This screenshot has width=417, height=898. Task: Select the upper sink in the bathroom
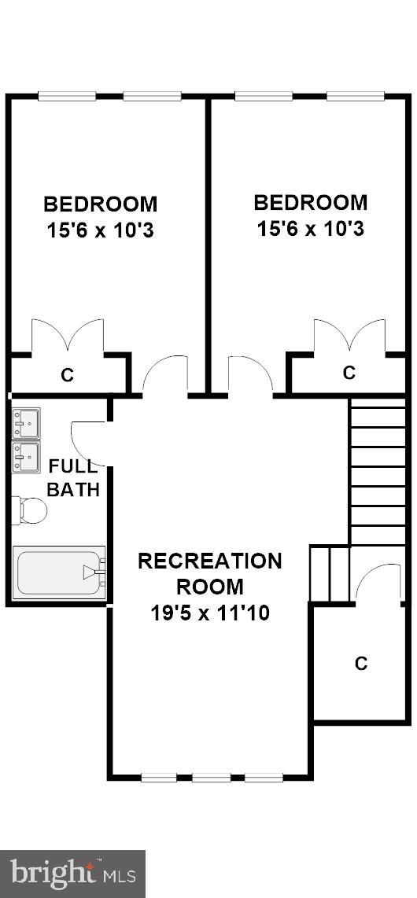[26, 423]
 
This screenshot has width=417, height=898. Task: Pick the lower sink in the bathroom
[26, 457]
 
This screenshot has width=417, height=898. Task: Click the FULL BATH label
[73, 477]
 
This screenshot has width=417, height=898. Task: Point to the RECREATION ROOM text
[209, 573]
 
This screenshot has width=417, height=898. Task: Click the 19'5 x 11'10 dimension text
[209, 613]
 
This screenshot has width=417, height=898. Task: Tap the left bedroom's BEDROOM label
[100, 204]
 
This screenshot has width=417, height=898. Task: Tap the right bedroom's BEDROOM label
[310, 203]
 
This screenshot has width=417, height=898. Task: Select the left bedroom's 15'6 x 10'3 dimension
[100, 232]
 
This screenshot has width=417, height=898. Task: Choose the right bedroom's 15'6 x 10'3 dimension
[310, 230]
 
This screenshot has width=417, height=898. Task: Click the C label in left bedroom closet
[67, 376]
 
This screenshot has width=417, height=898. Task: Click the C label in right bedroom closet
[349, 373]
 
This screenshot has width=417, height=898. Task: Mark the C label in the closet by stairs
[361, 664]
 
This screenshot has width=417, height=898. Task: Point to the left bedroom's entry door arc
[164, 372]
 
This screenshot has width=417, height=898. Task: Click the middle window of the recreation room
[210, 778]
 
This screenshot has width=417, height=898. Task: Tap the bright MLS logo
[72, 874]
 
